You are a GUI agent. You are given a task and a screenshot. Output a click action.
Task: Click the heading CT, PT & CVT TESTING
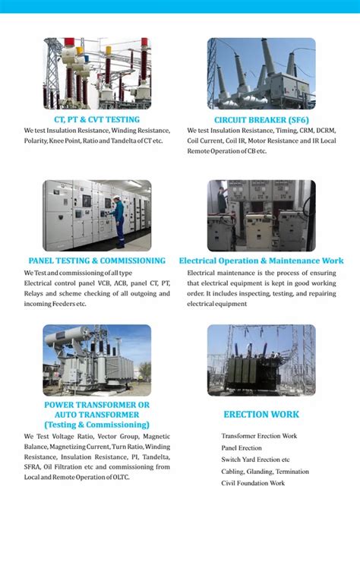point(96,120)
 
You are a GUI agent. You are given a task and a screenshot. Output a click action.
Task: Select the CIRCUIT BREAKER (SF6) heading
point(261,120)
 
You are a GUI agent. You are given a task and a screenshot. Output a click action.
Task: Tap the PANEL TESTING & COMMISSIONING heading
point(96,261)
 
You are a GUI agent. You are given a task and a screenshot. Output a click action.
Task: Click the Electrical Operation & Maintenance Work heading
point(261,261)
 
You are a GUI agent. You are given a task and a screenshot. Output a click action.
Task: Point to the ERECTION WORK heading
point(261,415)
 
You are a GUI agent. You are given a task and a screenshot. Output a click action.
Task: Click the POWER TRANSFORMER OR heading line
point(96,406)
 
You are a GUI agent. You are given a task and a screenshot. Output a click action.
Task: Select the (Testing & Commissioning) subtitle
point(96,425)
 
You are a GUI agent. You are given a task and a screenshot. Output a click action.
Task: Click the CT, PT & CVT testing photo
point(96,74)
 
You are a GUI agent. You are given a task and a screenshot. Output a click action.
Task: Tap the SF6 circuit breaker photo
point(261,74)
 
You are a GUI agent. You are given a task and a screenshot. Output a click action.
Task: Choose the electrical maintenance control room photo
point(261,216)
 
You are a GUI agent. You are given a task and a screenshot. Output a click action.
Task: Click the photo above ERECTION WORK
point(261,360)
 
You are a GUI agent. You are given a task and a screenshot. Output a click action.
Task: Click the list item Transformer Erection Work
point(259,436)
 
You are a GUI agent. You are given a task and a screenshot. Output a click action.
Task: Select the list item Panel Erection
point(242,448)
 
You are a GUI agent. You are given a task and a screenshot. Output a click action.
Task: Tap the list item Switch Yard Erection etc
point(255,460)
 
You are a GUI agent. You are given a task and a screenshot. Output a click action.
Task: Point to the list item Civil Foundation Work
point(253,483)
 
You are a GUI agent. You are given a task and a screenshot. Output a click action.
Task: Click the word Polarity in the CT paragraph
point(36,141)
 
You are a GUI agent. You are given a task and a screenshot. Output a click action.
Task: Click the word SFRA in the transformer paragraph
point(33,467)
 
